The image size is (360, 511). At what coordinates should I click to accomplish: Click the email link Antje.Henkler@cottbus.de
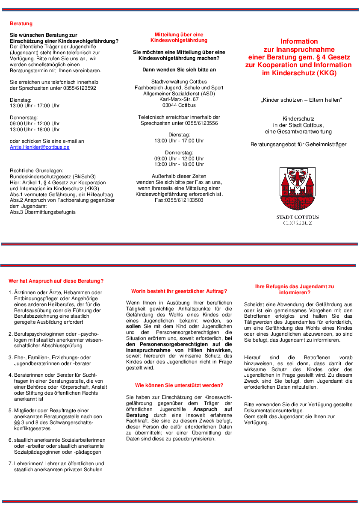pos(39,147)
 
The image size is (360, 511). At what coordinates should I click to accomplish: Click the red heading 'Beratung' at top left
pos(21,24)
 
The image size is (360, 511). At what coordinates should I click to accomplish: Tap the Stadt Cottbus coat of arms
pos(298,189)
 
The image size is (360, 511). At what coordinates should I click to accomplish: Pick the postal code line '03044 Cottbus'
pos(179,105)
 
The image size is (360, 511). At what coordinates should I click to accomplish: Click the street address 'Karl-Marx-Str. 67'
pos(179,99)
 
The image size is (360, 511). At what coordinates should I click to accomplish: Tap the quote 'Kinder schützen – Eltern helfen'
pos(301,100)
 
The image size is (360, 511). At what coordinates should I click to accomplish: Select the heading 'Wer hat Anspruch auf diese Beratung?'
pos(56,281)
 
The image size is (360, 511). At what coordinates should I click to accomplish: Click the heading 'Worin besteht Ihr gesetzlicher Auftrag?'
pos(179,291)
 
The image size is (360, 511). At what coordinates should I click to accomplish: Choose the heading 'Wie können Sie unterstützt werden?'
pos(179,385)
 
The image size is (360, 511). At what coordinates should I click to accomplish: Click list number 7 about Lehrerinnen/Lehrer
pos(10,464)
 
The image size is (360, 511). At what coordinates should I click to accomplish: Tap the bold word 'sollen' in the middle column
pos(133,326)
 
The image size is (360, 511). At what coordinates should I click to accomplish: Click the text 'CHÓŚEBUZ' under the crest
pos(298,223)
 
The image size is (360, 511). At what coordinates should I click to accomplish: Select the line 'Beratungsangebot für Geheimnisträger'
pos(298,145)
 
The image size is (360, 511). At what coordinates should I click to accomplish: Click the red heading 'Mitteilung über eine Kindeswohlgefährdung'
pos(179,37)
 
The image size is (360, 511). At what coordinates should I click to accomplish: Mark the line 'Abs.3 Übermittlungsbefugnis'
pos(43,212)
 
